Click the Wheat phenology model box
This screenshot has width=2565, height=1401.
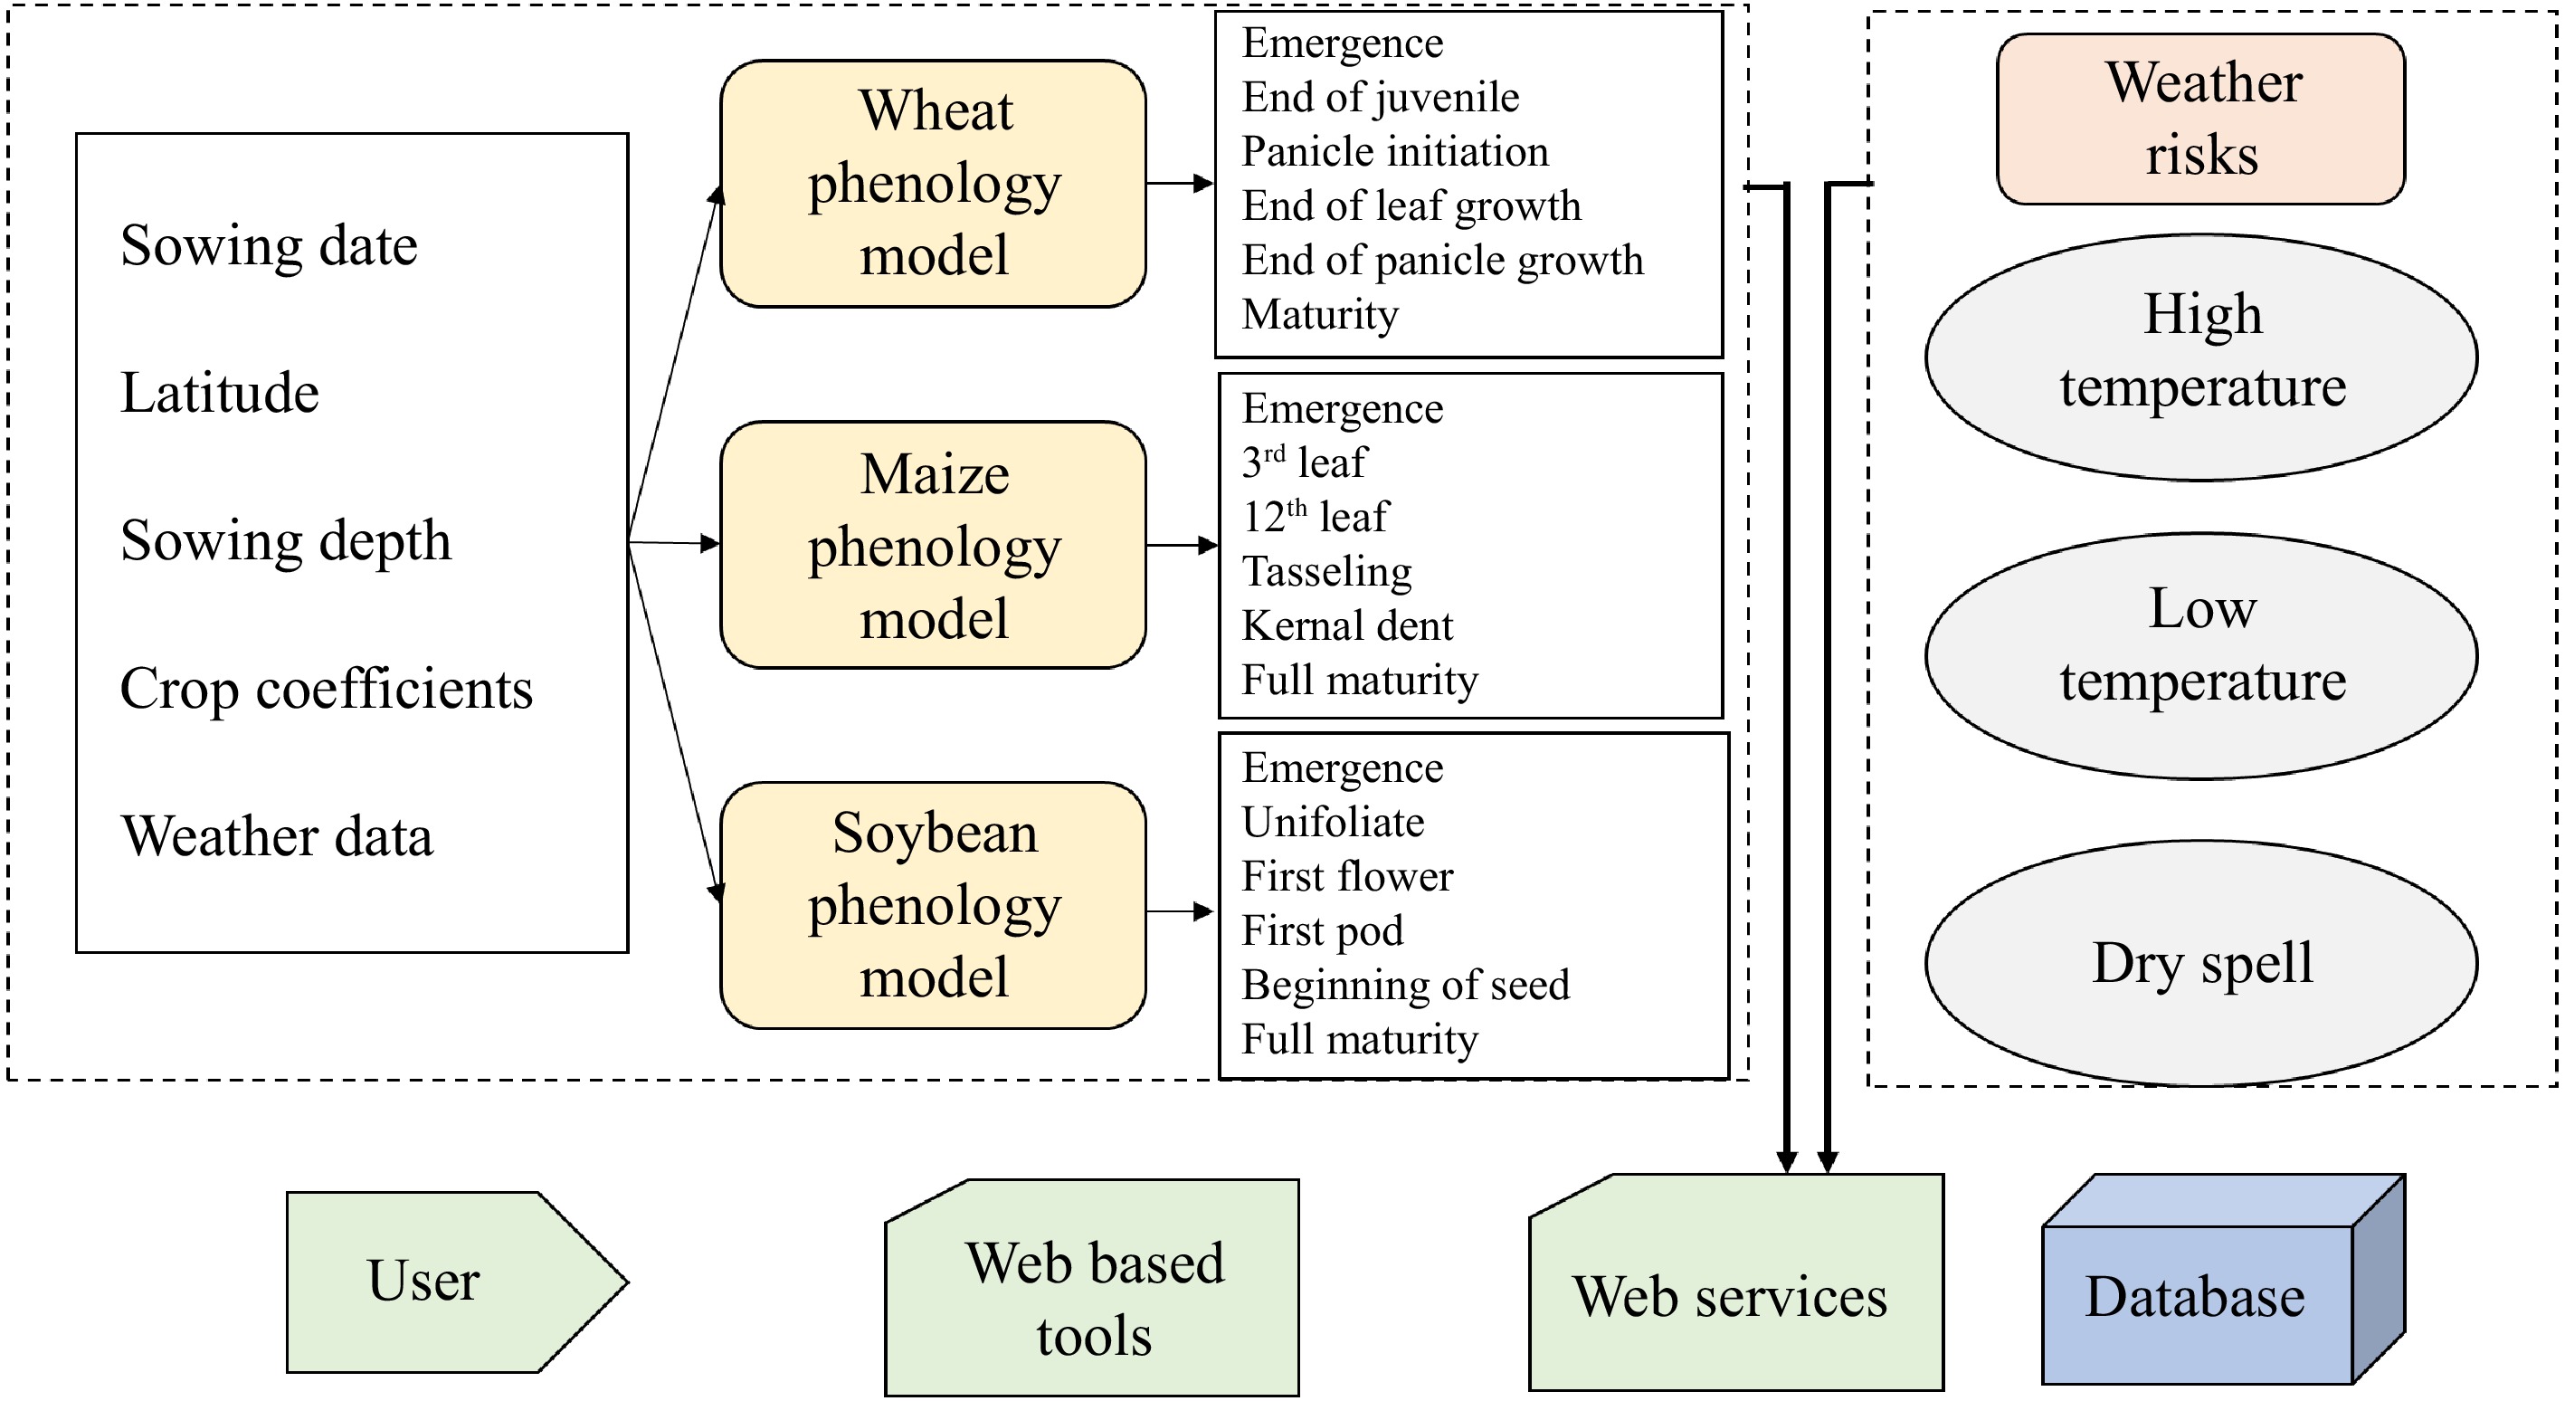pyautogui.click(x=933, y=185)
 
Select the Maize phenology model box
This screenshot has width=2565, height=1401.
pyautogui.click(x=933, y=546)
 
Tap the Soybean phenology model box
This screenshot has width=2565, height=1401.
pyautogui.click(x=933, y=905)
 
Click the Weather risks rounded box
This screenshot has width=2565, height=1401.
pyautogui.click(x=2200, y=119)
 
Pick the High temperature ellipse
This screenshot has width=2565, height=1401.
pyautogui.click(x=2200, y=357)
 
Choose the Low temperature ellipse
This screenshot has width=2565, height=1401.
pyautogui.click(x=2200, y=655)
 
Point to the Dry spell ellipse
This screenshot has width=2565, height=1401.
pyautogui.click(x=2200, y=963)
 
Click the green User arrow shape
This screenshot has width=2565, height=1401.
pyautogui.click(x=438, y=1282)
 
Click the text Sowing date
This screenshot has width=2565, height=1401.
pyautogui.click(x=269, y=246)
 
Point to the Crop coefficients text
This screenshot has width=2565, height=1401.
pyautogui.click(x=326, y=689)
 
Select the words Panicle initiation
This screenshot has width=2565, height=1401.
pyautogui.click(x=1394, y=151)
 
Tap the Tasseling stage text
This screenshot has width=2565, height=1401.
pyautogui.click(x=1326, y=572)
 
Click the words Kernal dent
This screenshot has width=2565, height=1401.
pyautogui.click(x=1346, y=626)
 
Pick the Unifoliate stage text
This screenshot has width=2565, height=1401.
pyautogui.click(x=1333, y=823)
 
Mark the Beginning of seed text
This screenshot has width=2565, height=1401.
pyautogui.click(x=1405, y=985)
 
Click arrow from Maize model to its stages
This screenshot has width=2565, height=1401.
pyautogui.click(x=1181, y=546)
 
